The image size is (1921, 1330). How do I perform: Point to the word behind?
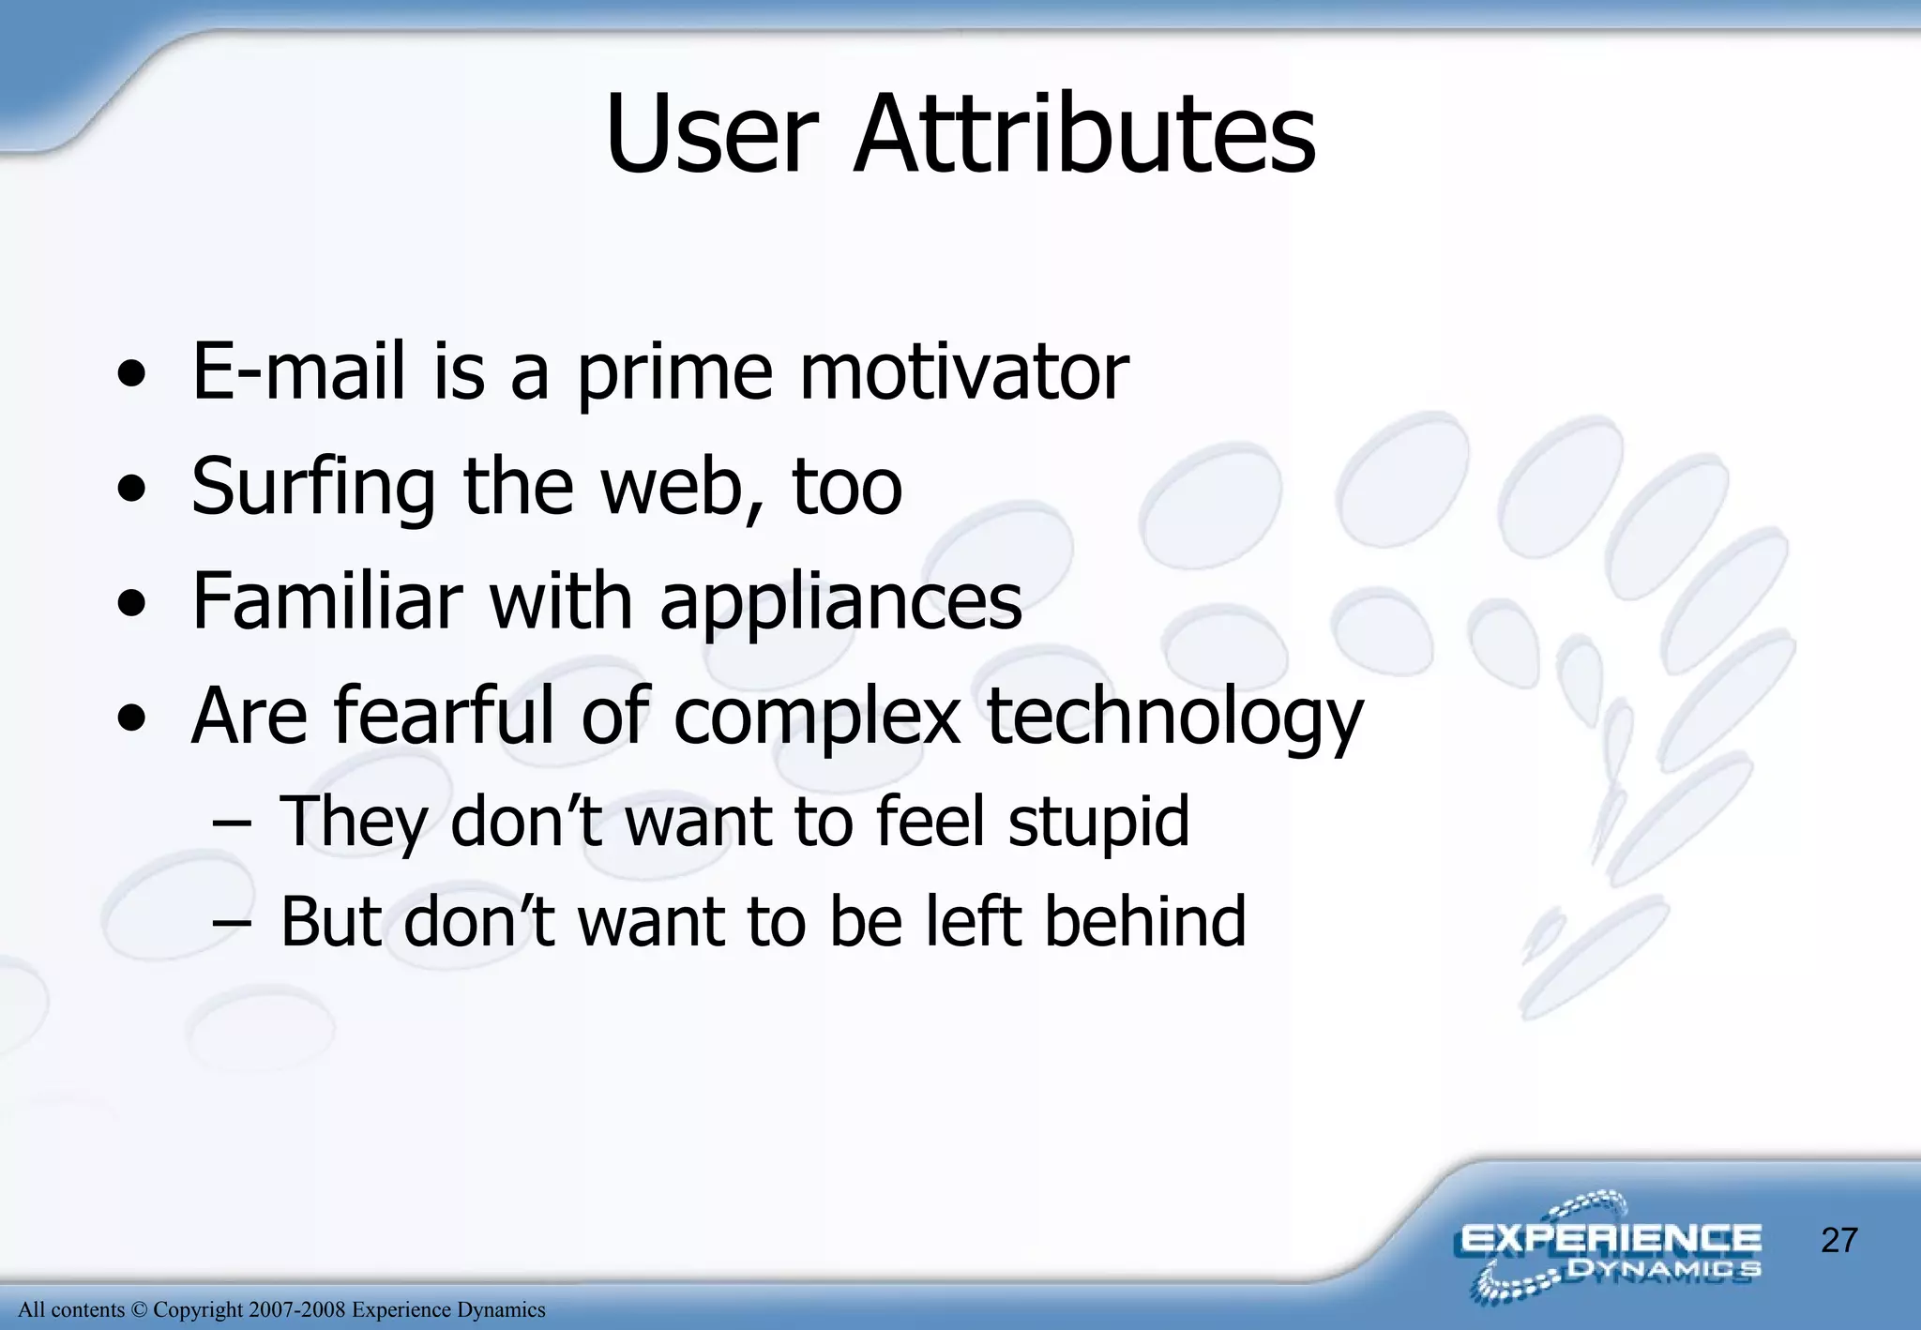pos(1145,921)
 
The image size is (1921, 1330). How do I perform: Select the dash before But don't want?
pos(231,923)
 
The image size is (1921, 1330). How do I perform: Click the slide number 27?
pos(1838,1240)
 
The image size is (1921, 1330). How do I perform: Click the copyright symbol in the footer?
pos(139,1309)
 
